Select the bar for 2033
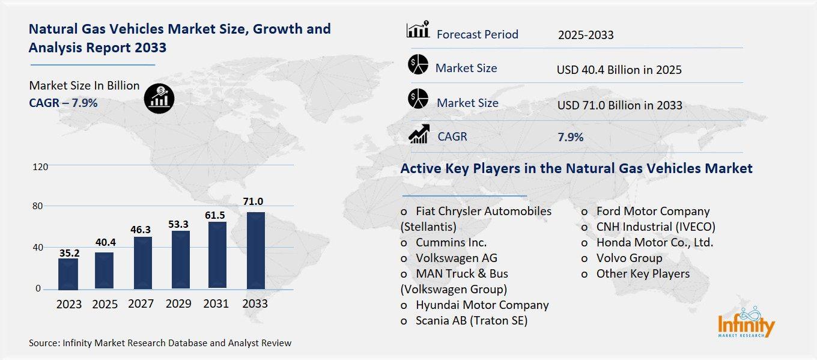tap(255, 250)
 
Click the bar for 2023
tap(68, 273)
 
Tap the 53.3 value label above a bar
tap(178, 224)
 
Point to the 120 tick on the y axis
tap(40, 166)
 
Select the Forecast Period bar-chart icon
tap(418, 29)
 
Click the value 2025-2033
tap(586, 35)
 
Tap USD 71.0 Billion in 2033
tap(619, 105)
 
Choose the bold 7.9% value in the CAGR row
tap(571, 137)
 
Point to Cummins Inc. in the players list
tap(451, 242)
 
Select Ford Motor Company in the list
tap(652, 211)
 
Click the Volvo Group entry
tap(629, 258)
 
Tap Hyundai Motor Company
tap(482, 305)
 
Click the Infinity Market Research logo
tap(746, 323)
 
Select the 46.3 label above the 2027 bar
tap(142, 230)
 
